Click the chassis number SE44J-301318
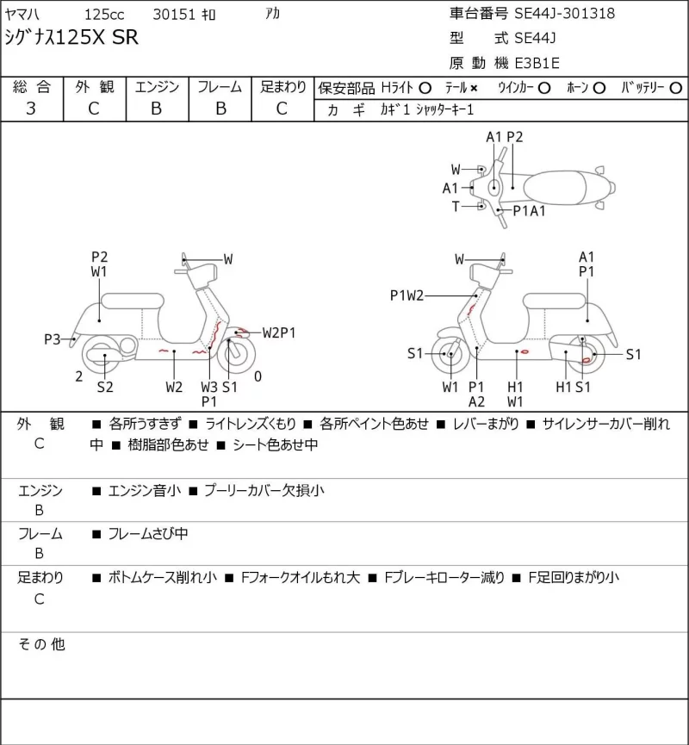pos(564,13)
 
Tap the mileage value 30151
pos(174,15)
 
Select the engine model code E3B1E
pos(537,63)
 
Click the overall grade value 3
pos(31,109)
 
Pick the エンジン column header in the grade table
pos(157,86)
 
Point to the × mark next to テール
pos(474,88)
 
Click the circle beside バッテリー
pos(675,88)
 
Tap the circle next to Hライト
pos(425,88)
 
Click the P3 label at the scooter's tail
pos(52,339)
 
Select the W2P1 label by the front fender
pos(279,332)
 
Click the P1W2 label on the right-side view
pos(407,295)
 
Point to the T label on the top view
pos(456,206)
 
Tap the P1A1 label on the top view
pos(529,210)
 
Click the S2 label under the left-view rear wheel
pos(105,387)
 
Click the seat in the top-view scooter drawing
pos(554,188)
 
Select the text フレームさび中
pos(148,534)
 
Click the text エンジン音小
pos(145,490)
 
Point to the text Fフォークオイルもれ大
pos(301,577)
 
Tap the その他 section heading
pos(41,644)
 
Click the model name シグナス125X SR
pos(71,37)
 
